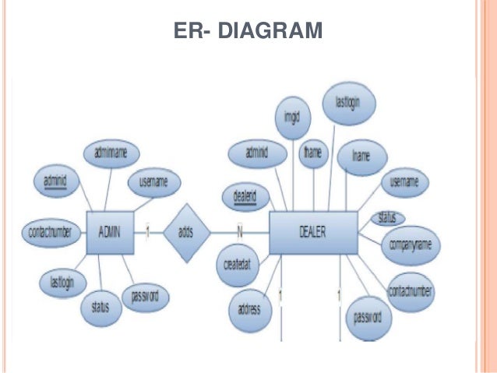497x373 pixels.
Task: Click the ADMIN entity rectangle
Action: (x=108, y=231)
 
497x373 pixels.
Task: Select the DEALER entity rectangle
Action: (x=312, y=231)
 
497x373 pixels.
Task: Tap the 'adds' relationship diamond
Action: (x=186, y=231)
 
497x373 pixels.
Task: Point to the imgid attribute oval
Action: (x=292, y=121)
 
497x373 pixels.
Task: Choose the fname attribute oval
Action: (x=315, y=153)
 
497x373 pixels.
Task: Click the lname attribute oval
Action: (x=360, y=156)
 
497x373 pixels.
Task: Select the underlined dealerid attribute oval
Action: (x=245, y=195)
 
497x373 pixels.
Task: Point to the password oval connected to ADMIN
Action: (x=145, y=297)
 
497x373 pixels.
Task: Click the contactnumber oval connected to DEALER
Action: (x=411, y=291)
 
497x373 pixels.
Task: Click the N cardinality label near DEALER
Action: (x=240, y=231)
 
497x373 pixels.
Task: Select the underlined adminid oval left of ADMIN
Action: (x=54, y=182)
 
